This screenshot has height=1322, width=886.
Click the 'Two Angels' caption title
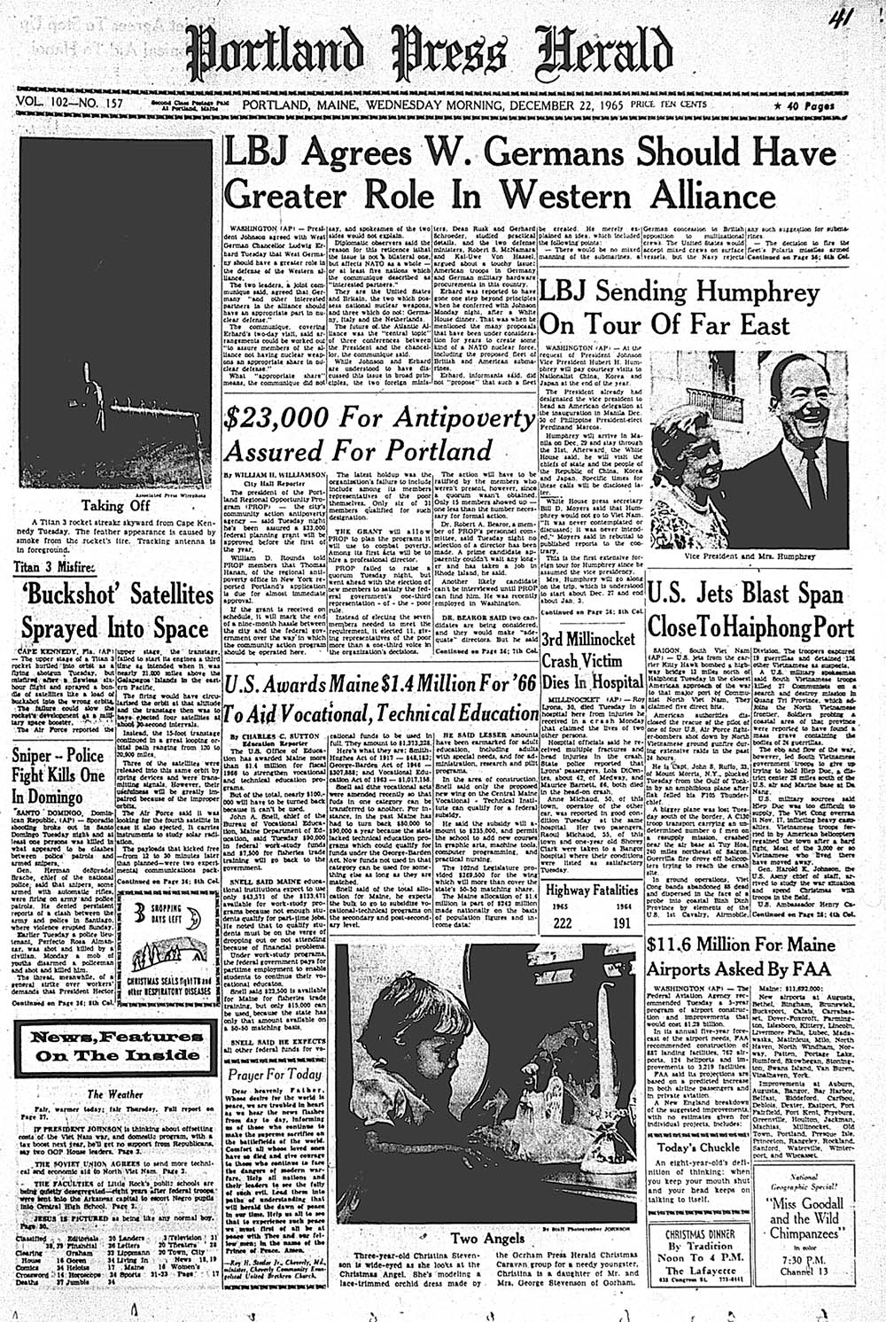point(479,1238)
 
